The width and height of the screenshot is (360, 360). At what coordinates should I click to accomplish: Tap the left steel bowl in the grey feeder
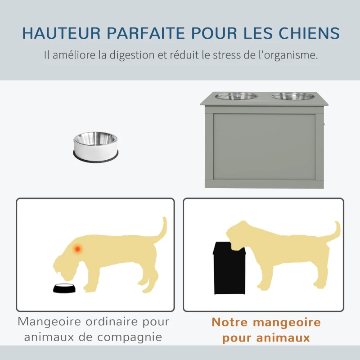pyautogui.click(x=236, y=96)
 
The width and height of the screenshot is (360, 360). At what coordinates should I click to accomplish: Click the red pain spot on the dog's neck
pyautogui.click(x=78, y=248)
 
